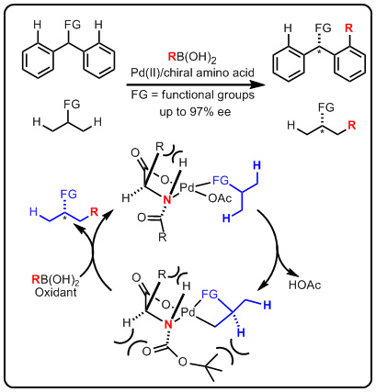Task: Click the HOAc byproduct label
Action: [304, 285]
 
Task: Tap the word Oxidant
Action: [55, 292]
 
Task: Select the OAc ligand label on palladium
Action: [220, 198]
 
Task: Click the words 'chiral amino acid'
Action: [212, 73]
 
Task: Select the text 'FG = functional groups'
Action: [193, 95]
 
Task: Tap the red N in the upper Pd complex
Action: [166, 200]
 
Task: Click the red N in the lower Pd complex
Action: [168, 324]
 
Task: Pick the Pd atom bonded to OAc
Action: [188, 187]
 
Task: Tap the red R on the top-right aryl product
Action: [348, 28]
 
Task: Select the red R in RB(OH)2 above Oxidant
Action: [36, 279]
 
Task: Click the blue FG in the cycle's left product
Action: [68, 194]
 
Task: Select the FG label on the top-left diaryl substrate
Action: [73, 24]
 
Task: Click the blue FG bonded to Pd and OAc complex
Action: [221, 181]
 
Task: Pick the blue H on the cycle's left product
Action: [33, 212]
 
